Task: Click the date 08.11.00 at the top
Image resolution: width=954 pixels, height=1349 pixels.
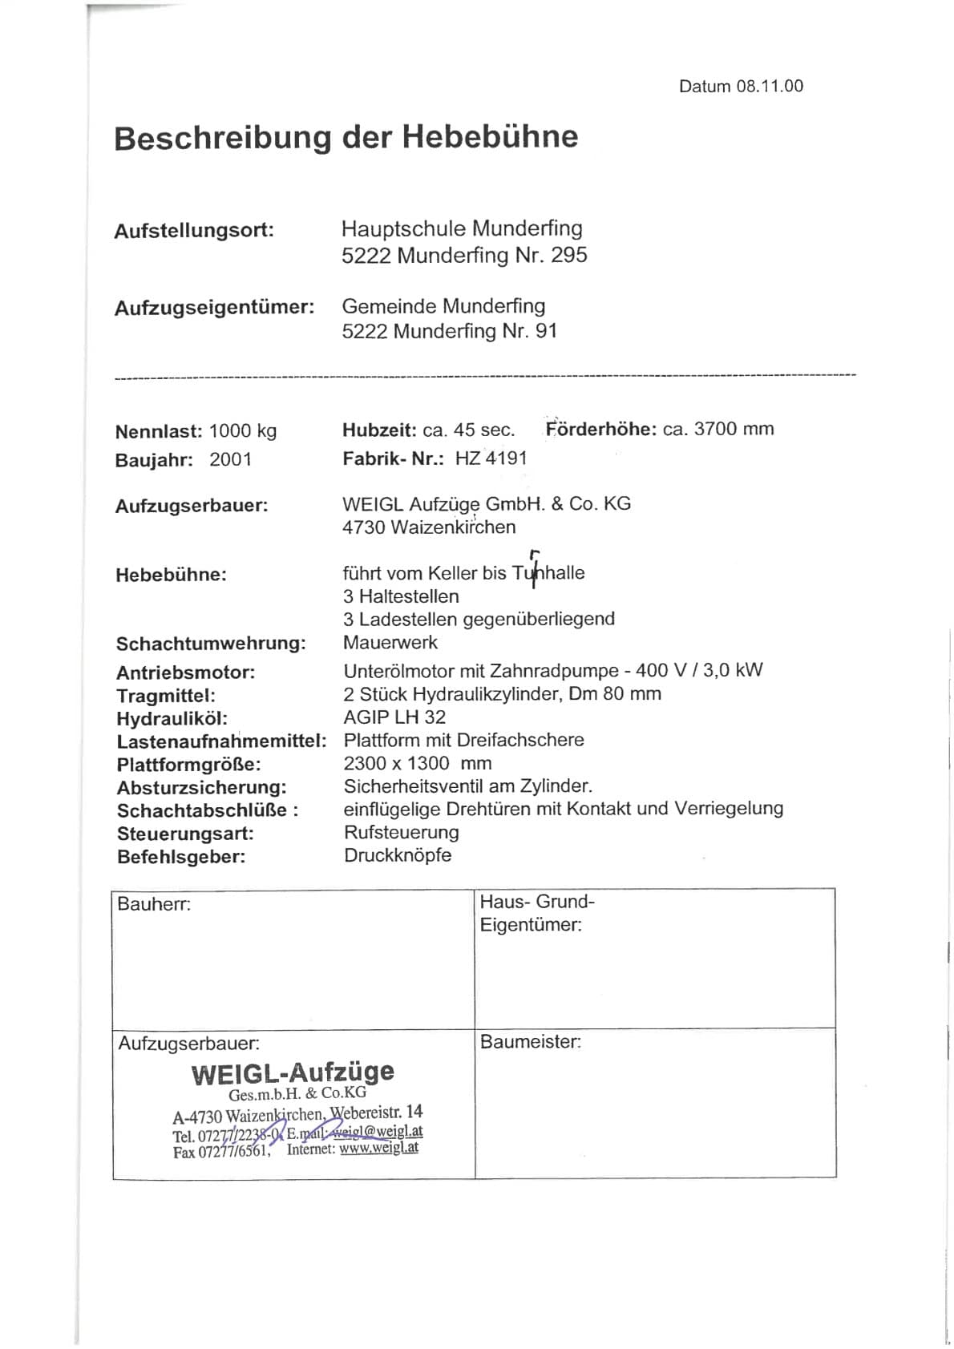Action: pos(770,87)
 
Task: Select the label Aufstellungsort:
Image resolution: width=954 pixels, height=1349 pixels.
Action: pos(194,231)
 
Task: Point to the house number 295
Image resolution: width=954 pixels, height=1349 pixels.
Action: pos(569,256)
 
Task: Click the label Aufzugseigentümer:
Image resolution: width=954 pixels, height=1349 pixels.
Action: pos(214,308)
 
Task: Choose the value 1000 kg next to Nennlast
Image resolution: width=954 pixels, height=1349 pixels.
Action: pos(243,431)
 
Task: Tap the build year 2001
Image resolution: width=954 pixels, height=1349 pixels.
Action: pos(231,460)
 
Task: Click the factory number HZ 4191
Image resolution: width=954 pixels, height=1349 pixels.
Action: pos(491,458)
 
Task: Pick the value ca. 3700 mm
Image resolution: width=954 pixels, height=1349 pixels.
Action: pos(718,429)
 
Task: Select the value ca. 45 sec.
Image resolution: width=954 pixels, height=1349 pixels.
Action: pos(469,430)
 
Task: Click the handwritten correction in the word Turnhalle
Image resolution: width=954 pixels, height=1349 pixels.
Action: pos(535,567)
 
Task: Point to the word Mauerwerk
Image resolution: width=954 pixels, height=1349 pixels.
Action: pos(390,643)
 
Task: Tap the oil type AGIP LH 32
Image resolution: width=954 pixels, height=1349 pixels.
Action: pos(394,717)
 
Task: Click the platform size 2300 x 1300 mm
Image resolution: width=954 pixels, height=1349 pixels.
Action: pos(418,764)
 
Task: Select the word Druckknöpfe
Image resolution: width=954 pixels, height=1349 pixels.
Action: pos(398,855)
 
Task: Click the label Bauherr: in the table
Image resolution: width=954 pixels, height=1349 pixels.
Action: pos(154,905)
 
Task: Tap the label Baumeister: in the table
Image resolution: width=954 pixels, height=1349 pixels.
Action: pos(531,1042)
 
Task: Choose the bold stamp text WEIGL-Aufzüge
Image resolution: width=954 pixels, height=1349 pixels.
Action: pos(293,1072)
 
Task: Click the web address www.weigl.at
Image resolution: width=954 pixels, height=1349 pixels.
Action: pos(378,1148)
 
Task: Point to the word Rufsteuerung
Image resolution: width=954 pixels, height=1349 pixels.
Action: pos(402,833)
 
